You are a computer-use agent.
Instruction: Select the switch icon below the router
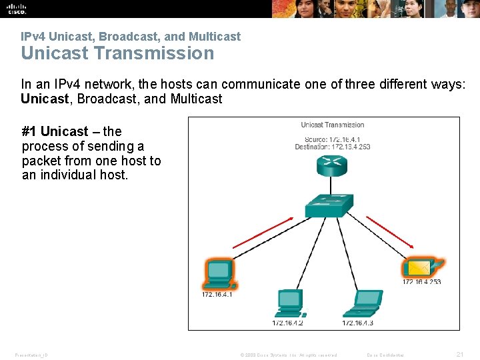tap(329, 206)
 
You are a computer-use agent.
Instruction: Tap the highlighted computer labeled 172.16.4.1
tap(218, 272)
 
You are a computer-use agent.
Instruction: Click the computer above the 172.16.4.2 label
tap(289, 303)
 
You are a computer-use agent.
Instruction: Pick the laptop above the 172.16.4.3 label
tap(363, 303)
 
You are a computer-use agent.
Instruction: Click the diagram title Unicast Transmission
tap(332, 125)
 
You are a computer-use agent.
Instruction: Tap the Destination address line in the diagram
tap(332, 147)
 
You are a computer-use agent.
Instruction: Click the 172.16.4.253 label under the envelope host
tap(421, 282)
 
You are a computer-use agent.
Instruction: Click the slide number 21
tap(459, 354)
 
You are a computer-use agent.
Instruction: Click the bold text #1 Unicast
tap(55, 131)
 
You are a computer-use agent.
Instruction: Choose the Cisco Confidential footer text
tap(385, 355)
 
